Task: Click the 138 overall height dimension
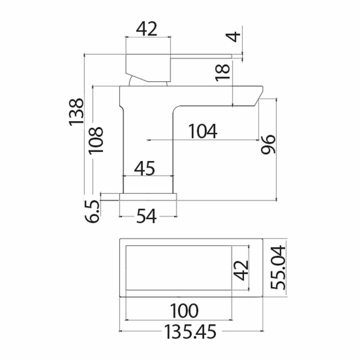tap(76, 112)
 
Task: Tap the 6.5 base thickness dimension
tap(93, 211)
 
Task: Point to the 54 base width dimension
tap(146, 216)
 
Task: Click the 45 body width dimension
tap(145, 168)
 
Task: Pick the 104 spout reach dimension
tap(202, 131)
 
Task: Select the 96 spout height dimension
tap(268, 144)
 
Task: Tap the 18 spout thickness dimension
tap(222, 72)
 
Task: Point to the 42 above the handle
tap(147, 29)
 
